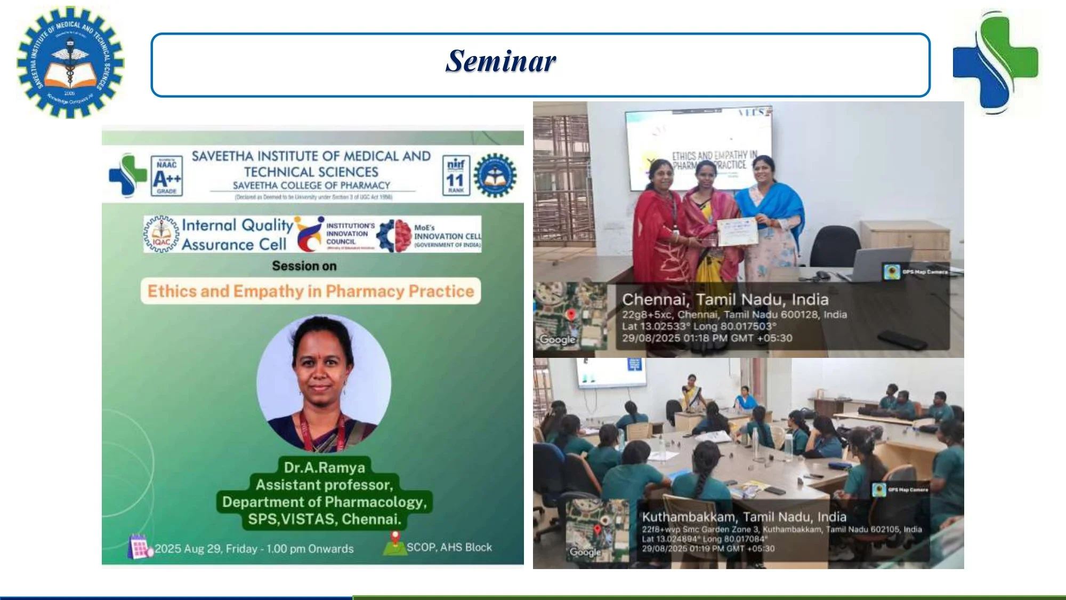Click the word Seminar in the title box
pos(500,61)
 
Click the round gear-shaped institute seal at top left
pos(70,62)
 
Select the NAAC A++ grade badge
pos(166,176)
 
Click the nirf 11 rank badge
pos(456,176)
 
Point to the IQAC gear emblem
pos(161,234)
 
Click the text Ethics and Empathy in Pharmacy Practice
pos(311,291)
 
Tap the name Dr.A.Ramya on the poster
pos(324,468)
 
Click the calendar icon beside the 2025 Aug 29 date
pos(139,547)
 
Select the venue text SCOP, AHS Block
pos(449,547)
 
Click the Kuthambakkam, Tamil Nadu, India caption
pos(744,517)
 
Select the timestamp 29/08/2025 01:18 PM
pos(707,338)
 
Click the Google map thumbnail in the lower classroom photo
pos(597,531)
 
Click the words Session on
pos(304,266)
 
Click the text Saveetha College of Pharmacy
pos(311,186)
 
